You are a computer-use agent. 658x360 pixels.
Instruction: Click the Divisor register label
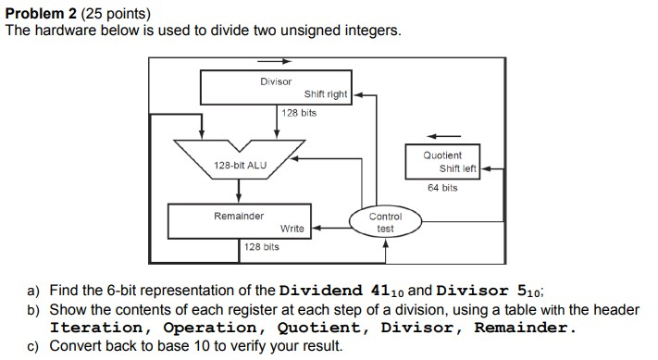tap(276, 82)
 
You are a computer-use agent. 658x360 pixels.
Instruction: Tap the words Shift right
tap(325, 94)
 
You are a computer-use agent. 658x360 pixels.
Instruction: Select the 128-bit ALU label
tap(240, 165)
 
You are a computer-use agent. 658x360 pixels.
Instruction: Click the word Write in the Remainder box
tap(292, 228)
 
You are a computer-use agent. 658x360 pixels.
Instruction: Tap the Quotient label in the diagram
tap(441, 155)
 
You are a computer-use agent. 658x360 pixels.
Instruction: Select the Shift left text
tap(457, 168)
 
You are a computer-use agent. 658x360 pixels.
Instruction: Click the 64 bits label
tap(441, 188)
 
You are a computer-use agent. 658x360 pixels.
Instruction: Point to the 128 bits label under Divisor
tap(299, 113)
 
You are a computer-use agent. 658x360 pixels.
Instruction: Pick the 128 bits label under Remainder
tap(261, 247)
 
